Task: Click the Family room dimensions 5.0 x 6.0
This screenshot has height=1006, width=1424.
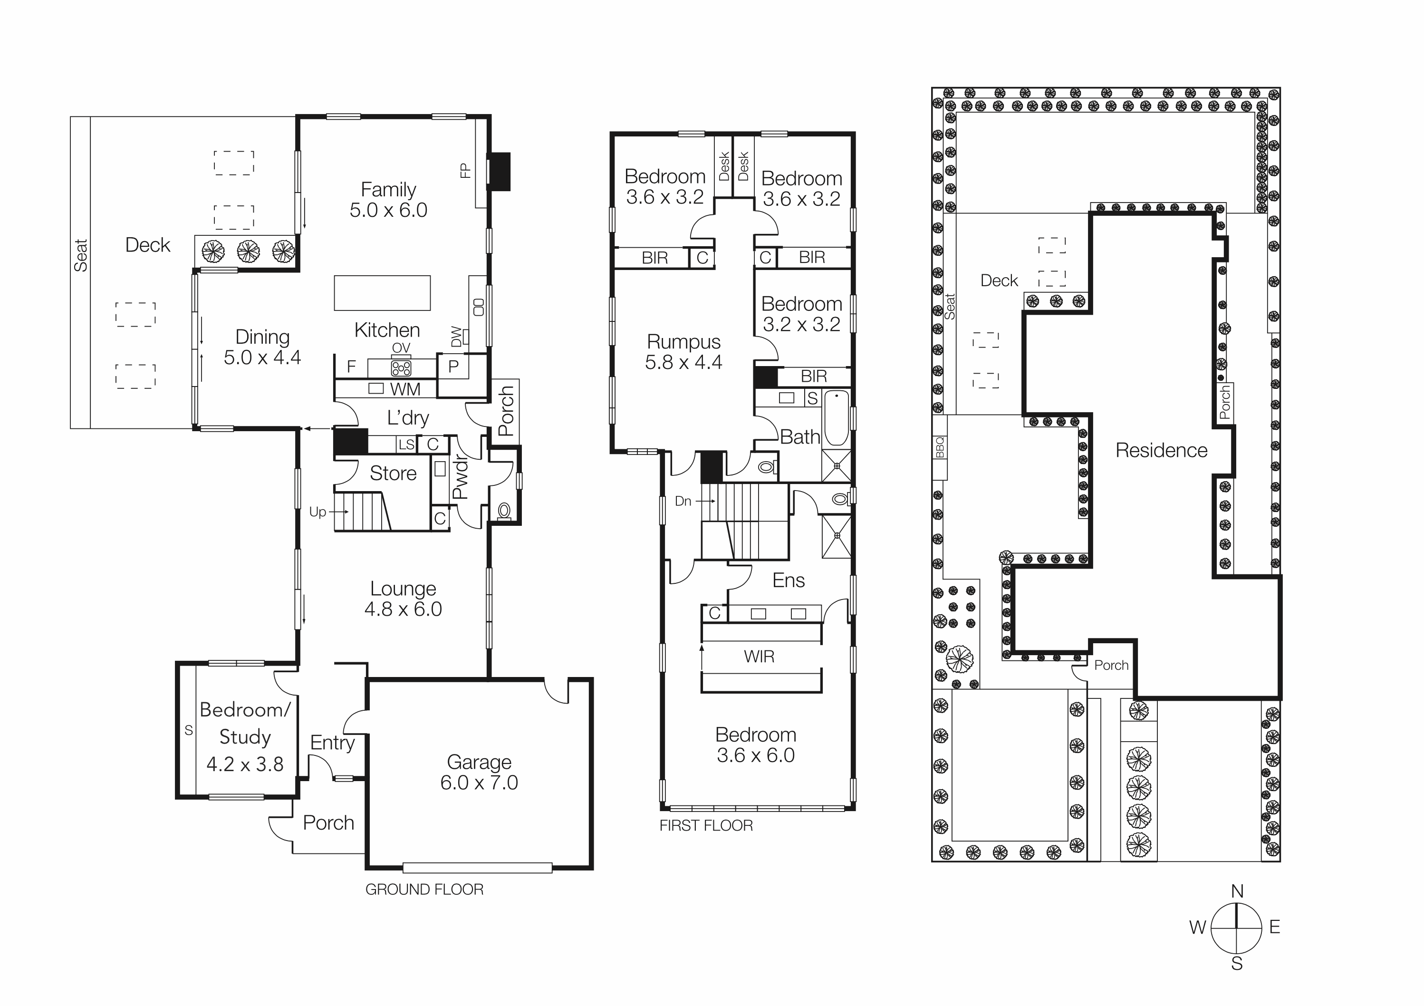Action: tap(388, 210)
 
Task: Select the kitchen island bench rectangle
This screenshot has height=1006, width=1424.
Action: tap(382, 293)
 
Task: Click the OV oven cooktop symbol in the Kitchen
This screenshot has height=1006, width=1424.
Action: tap(401, 368)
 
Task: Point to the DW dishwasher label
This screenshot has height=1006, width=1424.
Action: tap(456, 337)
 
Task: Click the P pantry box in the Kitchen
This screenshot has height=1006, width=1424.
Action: tap(453, 367)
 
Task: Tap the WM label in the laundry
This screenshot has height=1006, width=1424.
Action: tap(405, 389)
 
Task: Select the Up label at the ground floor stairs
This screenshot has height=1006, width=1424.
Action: tap(318, 512)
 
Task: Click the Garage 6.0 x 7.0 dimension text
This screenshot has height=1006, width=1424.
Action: tap(479, 783)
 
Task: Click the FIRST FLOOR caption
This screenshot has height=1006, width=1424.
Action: tap(706, 825)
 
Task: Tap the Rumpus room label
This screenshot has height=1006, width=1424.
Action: tap(683, 342)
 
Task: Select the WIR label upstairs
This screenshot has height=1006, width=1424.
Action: tap(759, 656)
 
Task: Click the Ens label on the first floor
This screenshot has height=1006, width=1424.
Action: tap(788, 580)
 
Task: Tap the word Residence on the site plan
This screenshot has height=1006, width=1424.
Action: tap(1161, 450)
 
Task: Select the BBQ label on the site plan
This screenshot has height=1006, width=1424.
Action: tap(940, 447)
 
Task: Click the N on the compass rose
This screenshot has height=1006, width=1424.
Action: tap(1237, 891)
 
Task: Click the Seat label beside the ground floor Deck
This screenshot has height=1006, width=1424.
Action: tap(81, 255)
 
